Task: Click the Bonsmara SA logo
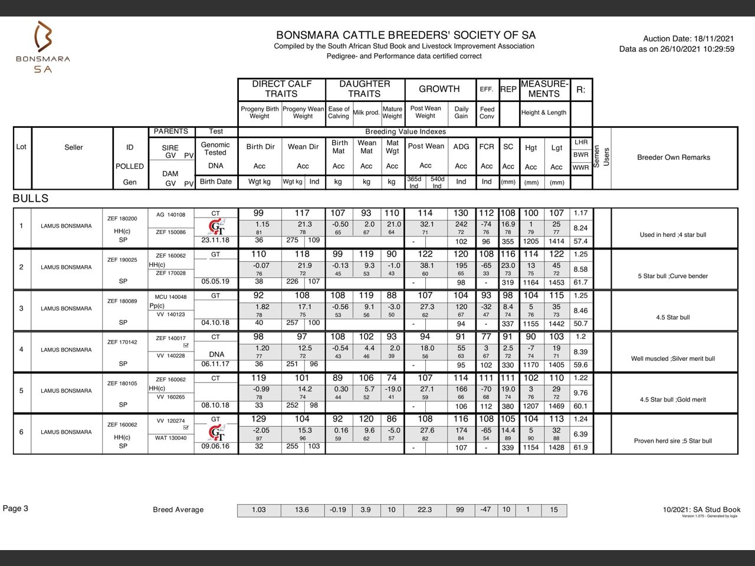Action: (x=43, y=47)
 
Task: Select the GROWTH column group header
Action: (x=439, y=89)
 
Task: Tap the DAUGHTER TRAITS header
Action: (x=365, y=89)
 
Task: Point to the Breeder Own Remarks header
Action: (x=674, y=157)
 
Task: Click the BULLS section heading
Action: (x=31, y=199)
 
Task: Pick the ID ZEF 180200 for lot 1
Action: (x=122, y=219)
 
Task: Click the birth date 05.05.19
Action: (x=215, y=282)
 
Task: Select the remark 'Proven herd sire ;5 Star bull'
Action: (x=673, y=441)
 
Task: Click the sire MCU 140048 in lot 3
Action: (x=170, y=297)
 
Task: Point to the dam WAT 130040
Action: (x=171, y=438)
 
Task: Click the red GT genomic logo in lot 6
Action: (x=216, y=433)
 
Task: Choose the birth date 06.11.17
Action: (x=215, y=364)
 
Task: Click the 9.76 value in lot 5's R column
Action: (x=580, y=393)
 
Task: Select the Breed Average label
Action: (x=178, y=510)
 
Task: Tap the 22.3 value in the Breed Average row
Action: (x=425, y=510)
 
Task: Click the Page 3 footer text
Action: (x=16, y=509)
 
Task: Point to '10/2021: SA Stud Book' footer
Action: (x=701, y=509)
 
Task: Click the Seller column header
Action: (x=74, y=147)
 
